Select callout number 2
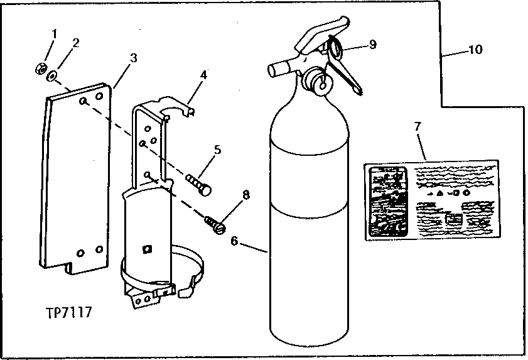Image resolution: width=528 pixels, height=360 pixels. (76, 43)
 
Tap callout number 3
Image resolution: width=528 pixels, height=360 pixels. (133, 58)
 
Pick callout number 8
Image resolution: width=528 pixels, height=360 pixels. (246, 195)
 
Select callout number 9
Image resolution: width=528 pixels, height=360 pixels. (372, 45)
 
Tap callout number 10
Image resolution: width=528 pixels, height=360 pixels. (476, 50)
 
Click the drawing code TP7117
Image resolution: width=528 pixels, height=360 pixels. (68, 312)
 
